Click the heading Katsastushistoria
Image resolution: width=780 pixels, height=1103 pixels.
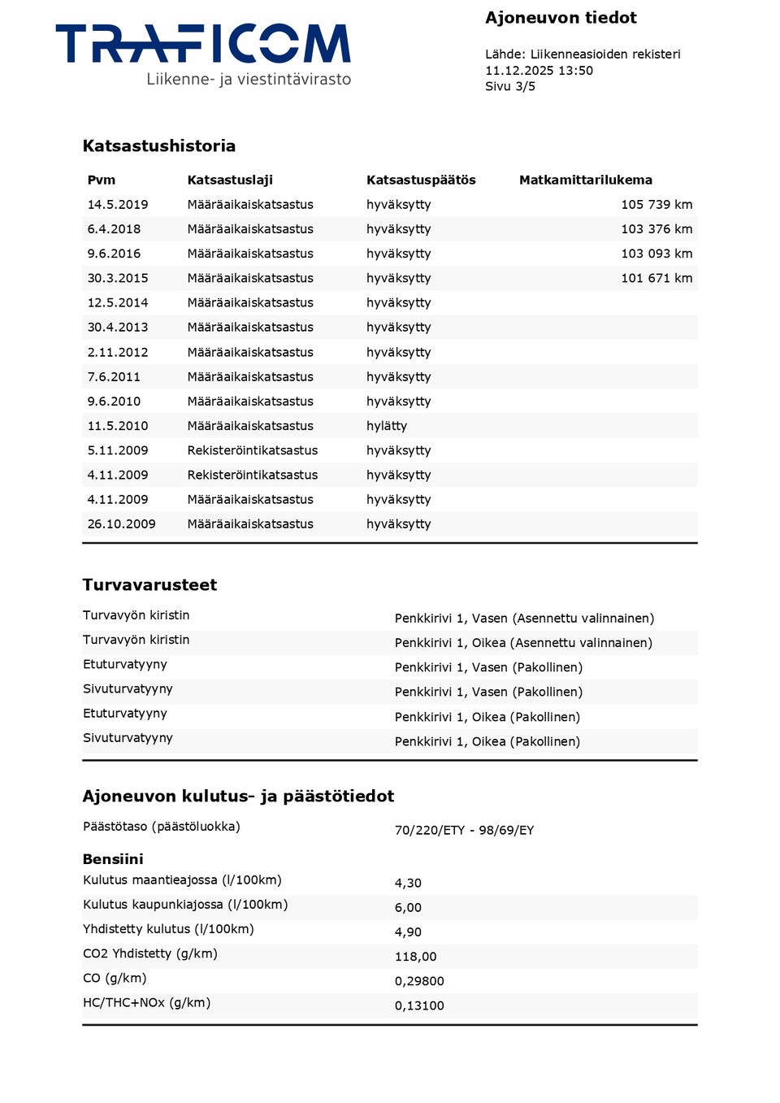[x=158, y=146]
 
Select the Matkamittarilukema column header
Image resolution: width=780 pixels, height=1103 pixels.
[x=585, y=180]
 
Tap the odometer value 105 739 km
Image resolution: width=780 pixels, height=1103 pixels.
[x=656, y=205]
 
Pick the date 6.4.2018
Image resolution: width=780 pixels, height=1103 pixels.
[x=114, y=229]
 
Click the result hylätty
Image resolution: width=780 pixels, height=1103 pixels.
[x=387, y=426]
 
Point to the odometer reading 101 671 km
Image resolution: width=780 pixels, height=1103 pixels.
[x=656, y=278]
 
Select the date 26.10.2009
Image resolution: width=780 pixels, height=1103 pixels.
[x=121, y=524]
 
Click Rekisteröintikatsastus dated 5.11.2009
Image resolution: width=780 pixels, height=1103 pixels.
[x=252, y=450]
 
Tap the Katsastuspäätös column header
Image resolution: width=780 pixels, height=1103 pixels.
[x=421, y=180]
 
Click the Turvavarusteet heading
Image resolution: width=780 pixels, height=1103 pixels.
[x=149, y=585]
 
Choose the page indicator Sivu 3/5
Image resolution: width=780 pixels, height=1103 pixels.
[x=510, y=87]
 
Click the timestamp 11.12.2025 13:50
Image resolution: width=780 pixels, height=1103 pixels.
[x=539, y=71]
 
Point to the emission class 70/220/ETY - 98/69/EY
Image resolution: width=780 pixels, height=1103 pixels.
[x=464, y=830]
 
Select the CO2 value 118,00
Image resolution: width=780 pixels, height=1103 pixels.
[x=415, y=957]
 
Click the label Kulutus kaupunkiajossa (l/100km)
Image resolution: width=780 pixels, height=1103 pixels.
[x=185, y=905]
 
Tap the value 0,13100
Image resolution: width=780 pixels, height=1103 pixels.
[x=419, y=1005]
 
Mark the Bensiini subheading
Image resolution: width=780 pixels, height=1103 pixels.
[x=113, y=859]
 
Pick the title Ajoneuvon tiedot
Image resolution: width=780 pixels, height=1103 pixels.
[x=561, y=18]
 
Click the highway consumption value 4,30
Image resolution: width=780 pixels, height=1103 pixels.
[x=408, y=883]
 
